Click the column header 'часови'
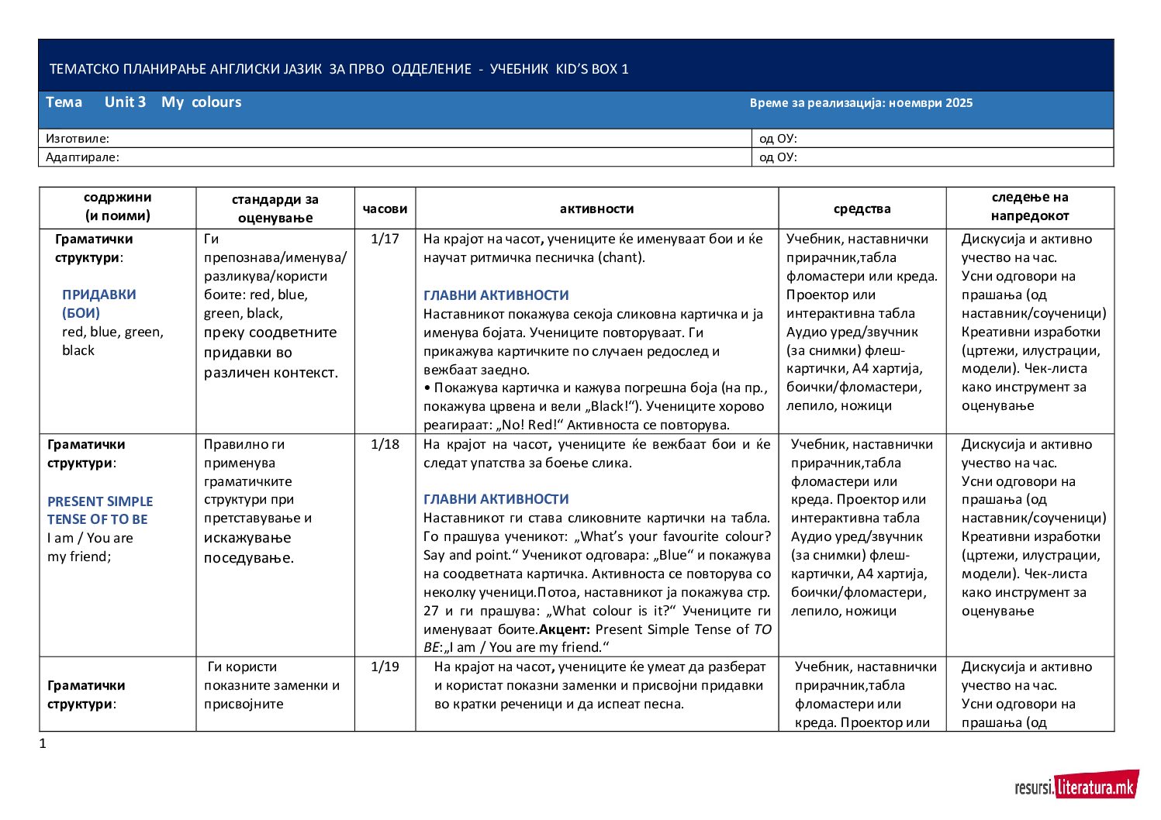385,208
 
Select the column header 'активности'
596,208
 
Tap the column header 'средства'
862,208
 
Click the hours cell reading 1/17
385,239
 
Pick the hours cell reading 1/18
385,444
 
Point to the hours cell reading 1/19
385,667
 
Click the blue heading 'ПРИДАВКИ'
98,295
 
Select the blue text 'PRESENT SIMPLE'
100,501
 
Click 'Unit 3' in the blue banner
125,102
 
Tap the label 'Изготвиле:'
78,139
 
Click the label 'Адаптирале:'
82,157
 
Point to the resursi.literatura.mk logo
1076,786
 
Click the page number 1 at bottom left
43,744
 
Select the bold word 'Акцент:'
565,629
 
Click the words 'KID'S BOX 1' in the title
593,69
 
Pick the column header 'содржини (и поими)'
117,207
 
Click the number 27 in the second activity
432,611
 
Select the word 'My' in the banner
172,102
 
